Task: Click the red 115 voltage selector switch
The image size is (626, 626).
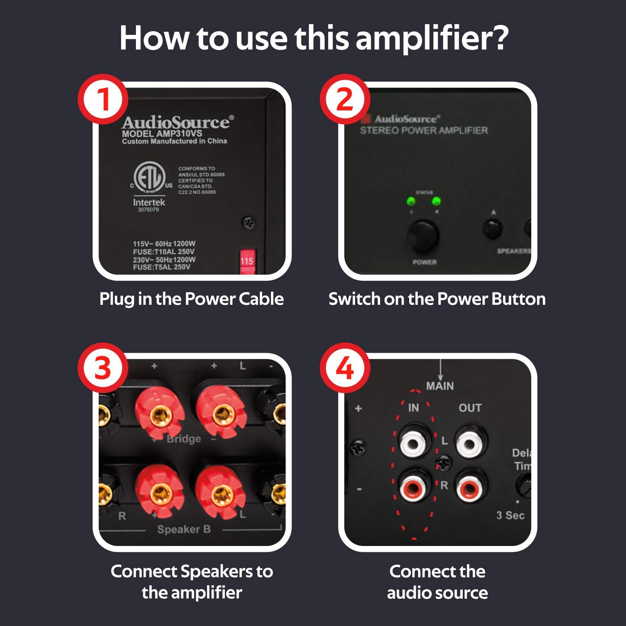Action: click(247, 261)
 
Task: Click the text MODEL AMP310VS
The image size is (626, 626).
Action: click(162, 133)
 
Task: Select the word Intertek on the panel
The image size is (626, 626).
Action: click(149, 202)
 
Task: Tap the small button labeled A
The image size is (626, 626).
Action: click(492, 228)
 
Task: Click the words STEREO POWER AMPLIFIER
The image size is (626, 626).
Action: click(423, 131)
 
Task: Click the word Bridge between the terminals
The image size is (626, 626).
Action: click(184, 439)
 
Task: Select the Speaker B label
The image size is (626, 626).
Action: click(184, 529)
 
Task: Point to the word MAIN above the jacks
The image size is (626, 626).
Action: click(440, 386)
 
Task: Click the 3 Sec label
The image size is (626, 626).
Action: click(510, 515)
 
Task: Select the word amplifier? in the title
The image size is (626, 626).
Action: click(432, 38)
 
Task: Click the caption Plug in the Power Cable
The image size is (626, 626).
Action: click(191, 299)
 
